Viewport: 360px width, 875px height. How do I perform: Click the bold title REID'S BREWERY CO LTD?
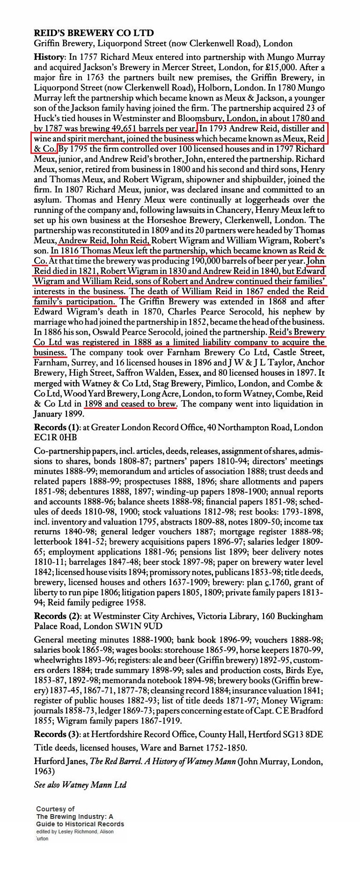pyautogui.click(x=94, y=33)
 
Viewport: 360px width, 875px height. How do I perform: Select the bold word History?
pyautogui.click(x=48, y=57)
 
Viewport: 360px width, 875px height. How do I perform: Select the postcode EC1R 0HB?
pyautogui.click(x=55, y=437)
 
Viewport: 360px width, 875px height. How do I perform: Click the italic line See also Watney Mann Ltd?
pyautogui.click(x=80, y=785)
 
